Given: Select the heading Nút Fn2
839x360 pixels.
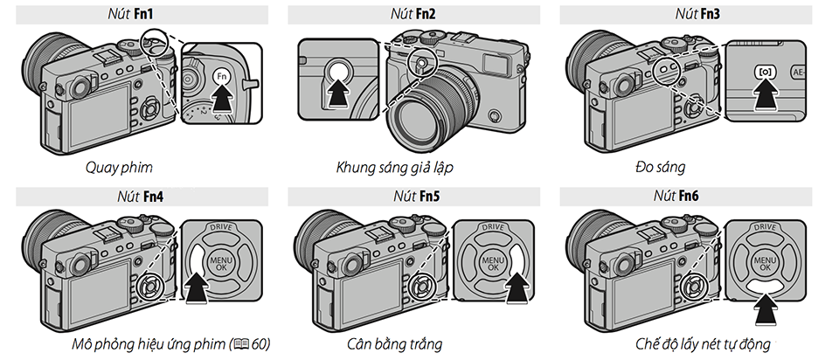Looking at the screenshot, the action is [414, 14].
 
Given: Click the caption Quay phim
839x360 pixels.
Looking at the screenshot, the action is [119, 168].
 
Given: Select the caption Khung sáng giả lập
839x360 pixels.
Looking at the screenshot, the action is [394, 168].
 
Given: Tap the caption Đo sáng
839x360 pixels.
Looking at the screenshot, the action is [661, 168].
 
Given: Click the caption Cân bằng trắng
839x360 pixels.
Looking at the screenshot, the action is [394, 343].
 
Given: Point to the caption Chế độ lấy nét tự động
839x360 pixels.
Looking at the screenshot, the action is [703, 344].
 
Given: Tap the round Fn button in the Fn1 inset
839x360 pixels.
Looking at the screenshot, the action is [222, 78].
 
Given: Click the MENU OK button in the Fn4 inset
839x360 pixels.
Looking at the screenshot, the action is [221, 261].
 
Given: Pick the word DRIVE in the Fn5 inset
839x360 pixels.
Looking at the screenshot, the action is [493, 227].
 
